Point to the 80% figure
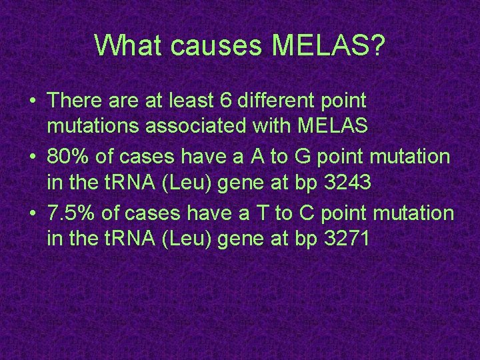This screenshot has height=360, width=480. pos(68,157)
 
